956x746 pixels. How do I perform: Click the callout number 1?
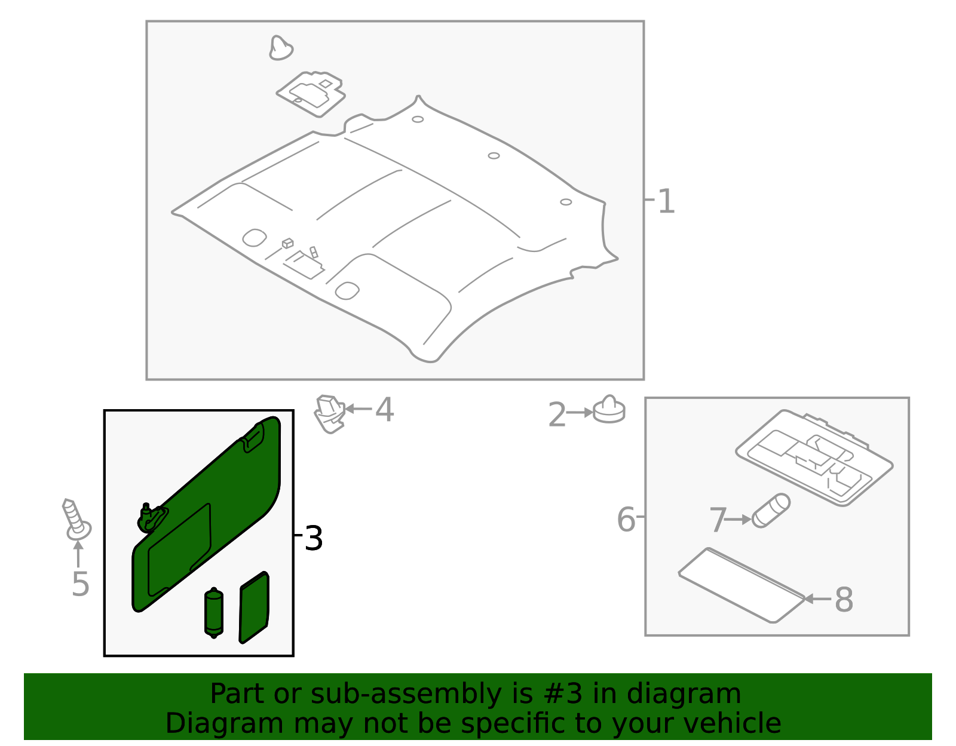click(x=666, y=201)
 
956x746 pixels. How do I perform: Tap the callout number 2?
click(x=556, y=415)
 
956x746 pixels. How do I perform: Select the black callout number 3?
click(x=313, y=538)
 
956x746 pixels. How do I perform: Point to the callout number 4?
click(x=384, y=410)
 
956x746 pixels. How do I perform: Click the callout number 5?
click(x=80, y=584)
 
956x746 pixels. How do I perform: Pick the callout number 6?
click(x=626, y=519)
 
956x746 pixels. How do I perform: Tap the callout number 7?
click(x=718, y=520)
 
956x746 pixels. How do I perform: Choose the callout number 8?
click(x=843, y=599)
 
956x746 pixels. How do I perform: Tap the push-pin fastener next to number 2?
click(x=609, y=410)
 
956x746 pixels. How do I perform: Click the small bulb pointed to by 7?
click(x=770, y=511)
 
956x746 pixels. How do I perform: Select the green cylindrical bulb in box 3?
click(x=213, y=613)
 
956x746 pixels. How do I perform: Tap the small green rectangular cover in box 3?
click(x=254, y=607)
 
